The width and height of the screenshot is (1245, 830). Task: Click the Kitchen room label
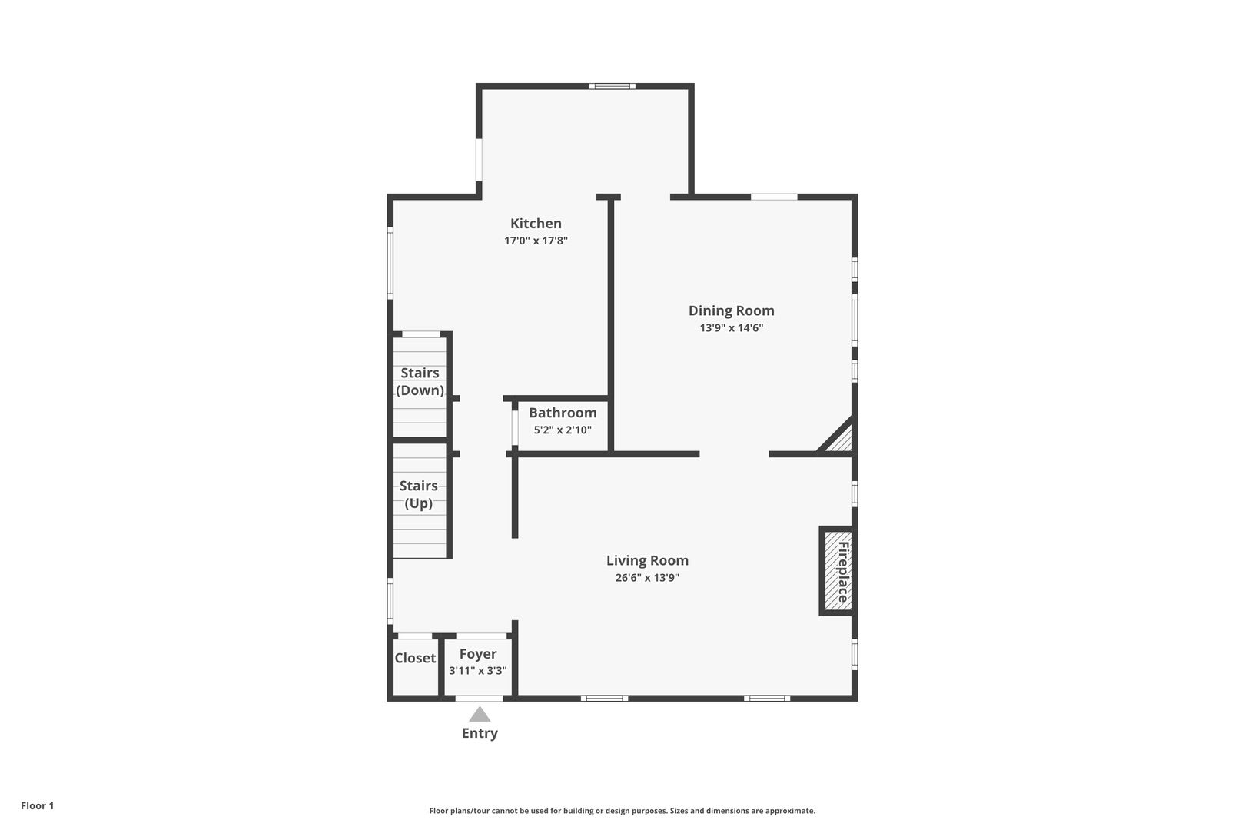[536, 224]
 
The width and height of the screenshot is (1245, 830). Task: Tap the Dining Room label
[732, 310]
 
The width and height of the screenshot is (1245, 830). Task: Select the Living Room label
[648, 560]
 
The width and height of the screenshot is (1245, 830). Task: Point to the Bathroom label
[563, 413]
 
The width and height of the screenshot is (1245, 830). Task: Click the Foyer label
[478, 654]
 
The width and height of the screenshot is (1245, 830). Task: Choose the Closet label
[415, 658]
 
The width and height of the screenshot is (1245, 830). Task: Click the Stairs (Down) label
[420, 382]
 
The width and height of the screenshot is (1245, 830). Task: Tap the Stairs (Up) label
[419, 495]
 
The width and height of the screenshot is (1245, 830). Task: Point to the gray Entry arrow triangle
[480, 715]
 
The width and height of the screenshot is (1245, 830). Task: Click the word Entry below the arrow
[480, 733]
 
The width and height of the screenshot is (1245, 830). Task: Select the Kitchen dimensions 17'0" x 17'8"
[536, 241]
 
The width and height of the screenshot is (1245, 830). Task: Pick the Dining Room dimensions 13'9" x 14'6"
[732, 328]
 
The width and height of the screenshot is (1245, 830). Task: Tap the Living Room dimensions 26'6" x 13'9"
[648, 578]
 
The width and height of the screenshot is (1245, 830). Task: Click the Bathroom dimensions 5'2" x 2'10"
[563, 430]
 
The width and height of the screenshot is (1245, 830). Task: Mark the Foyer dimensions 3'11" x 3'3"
[478, 670]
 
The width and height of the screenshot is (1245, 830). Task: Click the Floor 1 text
[37, 805]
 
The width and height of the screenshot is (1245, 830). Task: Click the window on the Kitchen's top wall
[612, 86]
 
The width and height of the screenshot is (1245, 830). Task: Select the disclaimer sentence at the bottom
[622, 811]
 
